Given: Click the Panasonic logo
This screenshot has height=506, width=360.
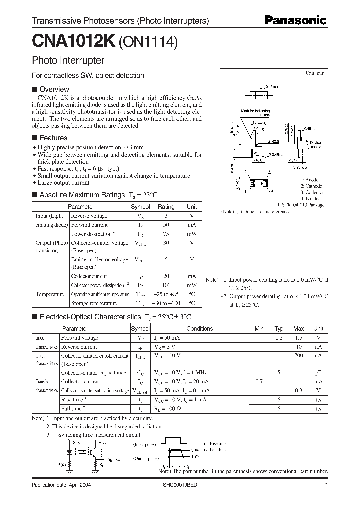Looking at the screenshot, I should (x=295, y=21).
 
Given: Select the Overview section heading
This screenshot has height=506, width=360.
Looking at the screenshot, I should (x=54, y=89).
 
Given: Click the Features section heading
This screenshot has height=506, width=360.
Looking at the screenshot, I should (x=53, y=138).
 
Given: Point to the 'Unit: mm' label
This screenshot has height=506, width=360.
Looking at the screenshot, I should (x=315, y=73).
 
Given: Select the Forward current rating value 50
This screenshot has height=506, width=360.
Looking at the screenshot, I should (x=166, y=225).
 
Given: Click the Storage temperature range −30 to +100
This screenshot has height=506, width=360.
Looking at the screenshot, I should (x=166, y=303).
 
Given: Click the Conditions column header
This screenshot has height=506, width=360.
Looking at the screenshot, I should (x=199, y=329).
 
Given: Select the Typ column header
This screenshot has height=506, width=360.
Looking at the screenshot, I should (x=279, y=329).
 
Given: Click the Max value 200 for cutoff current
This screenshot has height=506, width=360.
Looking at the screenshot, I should (x=298, y=356).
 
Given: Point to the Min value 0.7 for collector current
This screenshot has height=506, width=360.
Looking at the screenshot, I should (x=259, y=382).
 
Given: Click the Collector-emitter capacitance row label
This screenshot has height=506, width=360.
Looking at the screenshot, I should (x=93, y=373).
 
